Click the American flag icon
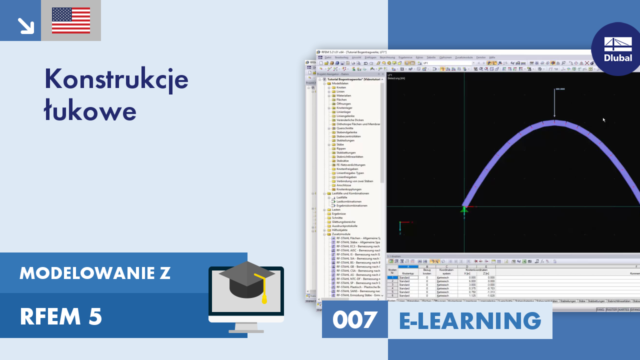[x=71, y=20]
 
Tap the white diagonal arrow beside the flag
[x=25, y=25]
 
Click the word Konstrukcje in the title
[x=116, y=79]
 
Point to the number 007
[x=354, y=320]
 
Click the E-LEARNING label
[x=470, y=320]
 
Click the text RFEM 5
[x=61, y=316]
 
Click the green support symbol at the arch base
[x=464, y=210]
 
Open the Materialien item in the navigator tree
[x=343, y=95]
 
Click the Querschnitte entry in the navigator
[x=345, y=128]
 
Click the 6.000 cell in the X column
[x=465, y=281]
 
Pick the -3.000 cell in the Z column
[x=485, y=284]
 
